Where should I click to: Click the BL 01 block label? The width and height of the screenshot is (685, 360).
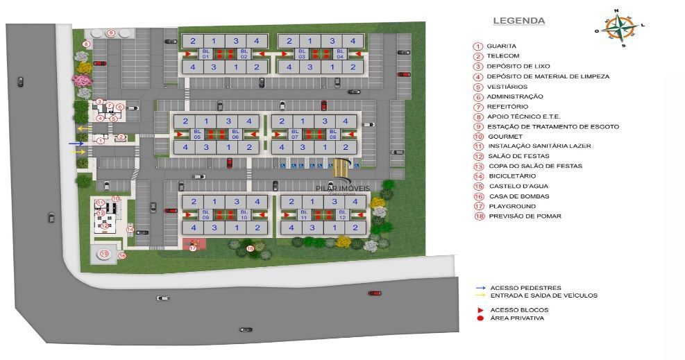coord(205,54)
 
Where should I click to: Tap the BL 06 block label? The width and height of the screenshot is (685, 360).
coord(235,134)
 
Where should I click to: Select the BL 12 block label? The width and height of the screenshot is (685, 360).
coord(342,214)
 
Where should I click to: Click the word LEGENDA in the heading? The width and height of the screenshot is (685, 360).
coord(518,21)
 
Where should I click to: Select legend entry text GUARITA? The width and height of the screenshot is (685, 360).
coord(500,46)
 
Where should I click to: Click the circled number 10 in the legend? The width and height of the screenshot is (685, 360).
coord(478,137)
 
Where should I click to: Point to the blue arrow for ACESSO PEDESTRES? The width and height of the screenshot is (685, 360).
coord(480,288)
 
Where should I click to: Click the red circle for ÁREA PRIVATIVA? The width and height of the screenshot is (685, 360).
coord(480,318)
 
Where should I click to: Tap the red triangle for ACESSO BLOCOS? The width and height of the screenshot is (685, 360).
coord(480,309)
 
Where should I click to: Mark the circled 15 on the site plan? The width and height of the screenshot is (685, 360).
coord(104,255)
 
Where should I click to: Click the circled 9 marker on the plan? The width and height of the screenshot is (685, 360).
coord(111,33)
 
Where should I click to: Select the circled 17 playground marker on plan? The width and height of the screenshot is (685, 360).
coord(193,248)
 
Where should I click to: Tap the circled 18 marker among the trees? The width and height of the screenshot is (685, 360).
coord(251,248)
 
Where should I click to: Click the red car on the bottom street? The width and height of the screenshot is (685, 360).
coord(375,293)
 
